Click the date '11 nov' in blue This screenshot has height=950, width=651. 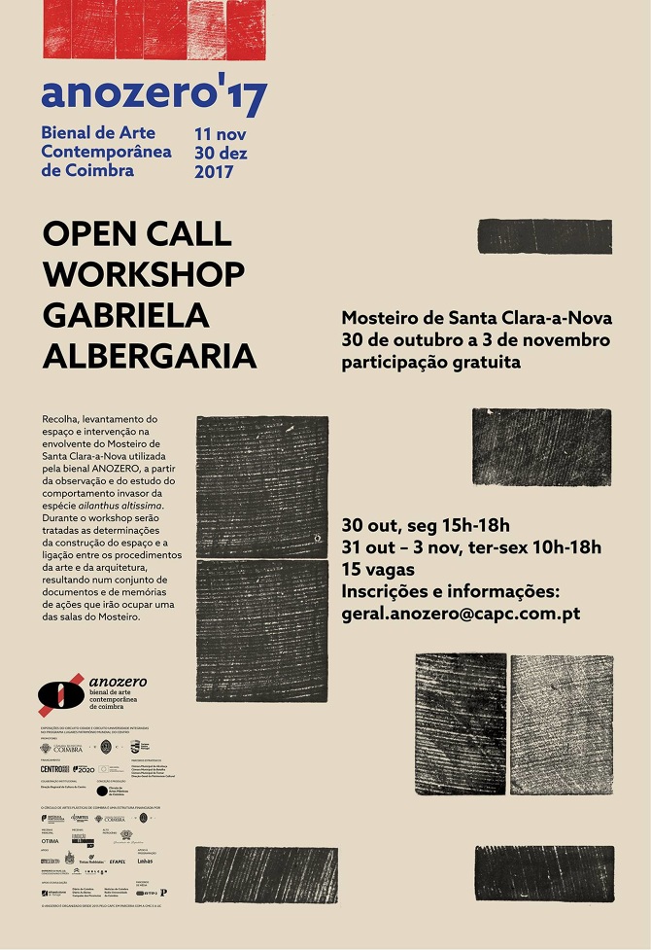click(x=221, y=133)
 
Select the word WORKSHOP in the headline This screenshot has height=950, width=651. click(x=144, y=273)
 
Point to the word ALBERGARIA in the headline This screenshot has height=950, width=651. click(x=150, y=355)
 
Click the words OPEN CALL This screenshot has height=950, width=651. click(x=137, y=233)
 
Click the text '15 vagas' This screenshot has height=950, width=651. click(x=377, y=570)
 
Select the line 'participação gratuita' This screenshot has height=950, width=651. click(x=430, y=363)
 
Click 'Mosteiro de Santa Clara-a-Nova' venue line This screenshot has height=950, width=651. click(x=476, y=318)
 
